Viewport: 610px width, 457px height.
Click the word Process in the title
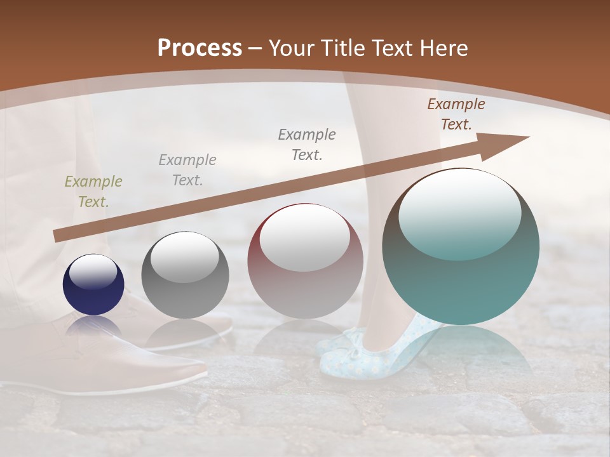(200, 48)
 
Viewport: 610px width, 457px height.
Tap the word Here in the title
(444, 48)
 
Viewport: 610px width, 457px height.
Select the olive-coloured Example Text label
(93, 192)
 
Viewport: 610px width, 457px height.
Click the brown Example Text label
(456, 114)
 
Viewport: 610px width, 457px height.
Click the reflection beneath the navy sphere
(93, 328)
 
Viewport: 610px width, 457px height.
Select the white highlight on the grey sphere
(185, 257)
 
